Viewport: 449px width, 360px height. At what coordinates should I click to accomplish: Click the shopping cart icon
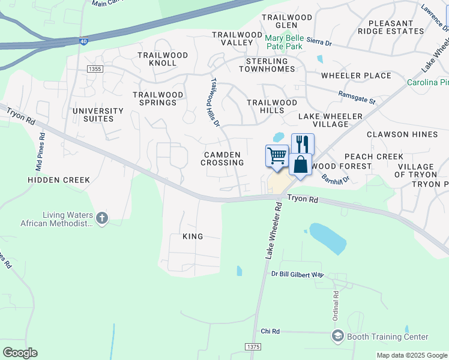[277, 155]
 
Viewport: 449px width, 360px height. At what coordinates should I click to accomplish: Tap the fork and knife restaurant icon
[303, 144]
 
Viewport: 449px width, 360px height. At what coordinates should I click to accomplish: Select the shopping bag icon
[300, 163]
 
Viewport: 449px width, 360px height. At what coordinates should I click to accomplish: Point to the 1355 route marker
[94, 70]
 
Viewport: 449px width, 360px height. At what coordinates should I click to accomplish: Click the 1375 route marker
[254, 347]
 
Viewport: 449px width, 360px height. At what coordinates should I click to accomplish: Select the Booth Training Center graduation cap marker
[337, 336]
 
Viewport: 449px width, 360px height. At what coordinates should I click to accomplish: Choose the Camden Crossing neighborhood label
[222, 158]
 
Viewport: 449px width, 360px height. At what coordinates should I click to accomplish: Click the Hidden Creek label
[59, 179]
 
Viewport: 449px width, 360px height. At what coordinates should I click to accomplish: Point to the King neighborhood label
[193, 236]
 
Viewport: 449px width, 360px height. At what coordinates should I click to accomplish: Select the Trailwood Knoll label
[163, 59]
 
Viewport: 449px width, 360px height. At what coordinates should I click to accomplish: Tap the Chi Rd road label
[270, 331]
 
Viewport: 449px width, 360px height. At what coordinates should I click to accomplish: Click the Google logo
[20, 353]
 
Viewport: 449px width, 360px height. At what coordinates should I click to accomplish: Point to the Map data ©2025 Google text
[411, 355]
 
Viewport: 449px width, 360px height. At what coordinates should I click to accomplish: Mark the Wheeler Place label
[356, 76]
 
